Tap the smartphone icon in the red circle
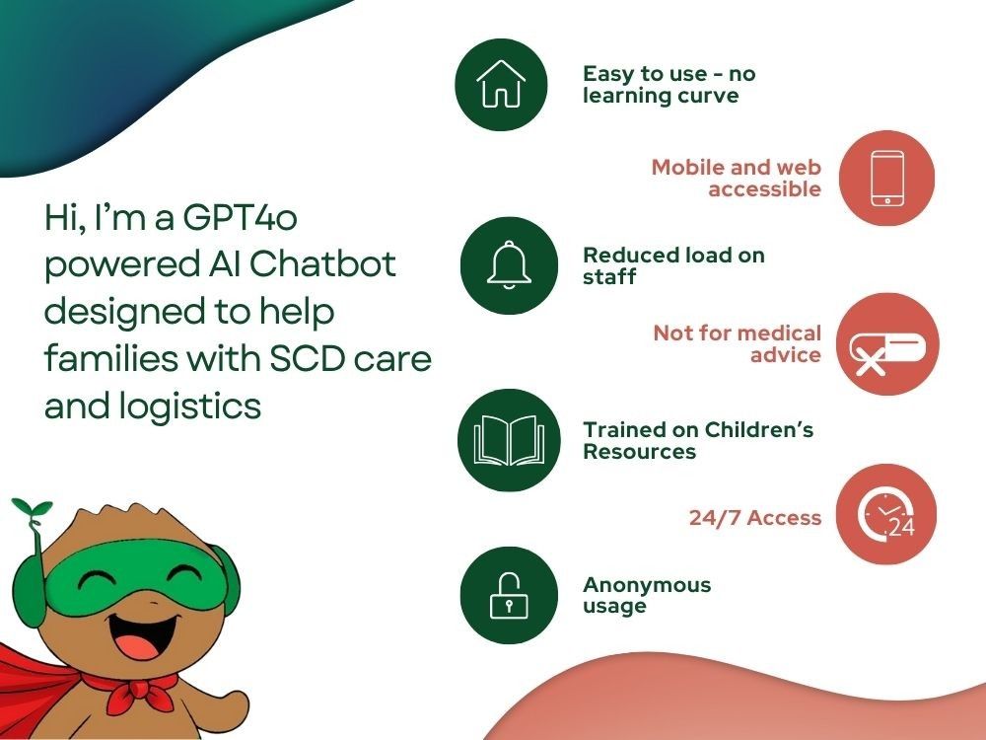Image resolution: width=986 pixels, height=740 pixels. (x=886, y=178)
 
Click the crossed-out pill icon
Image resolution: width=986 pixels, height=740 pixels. (x=887, y=344)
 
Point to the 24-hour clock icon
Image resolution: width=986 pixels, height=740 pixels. (x=885, y=516)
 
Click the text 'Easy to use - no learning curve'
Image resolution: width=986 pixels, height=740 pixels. (x=669, y=85)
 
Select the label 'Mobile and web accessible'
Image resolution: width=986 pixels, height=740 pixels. (x=737, y=178)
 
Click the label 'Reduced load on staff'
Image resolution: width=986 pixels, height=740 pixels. (x=673, y=265)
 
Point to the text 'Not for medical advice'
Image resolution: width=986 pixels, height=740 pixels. (x=738, y=343)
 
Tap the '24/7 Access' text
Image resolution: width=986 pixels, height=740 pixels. (x=754, y=517)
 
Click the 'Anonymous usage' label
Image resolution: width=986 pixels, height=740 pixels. (x=646, y=595)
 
